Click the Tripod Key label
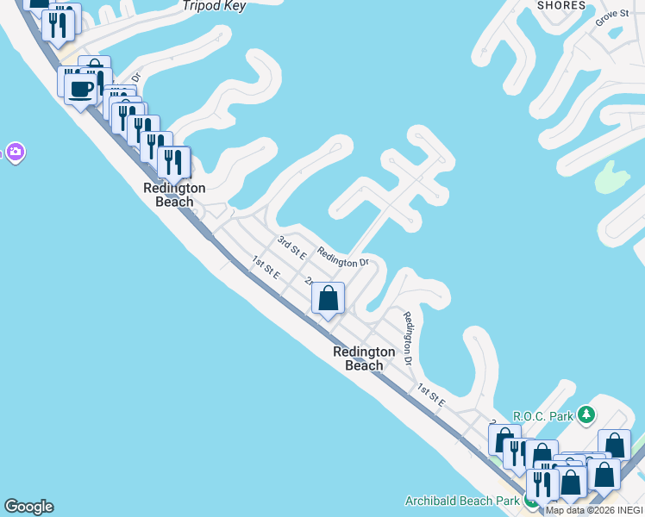[215, 6]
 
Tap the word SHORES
[561, 4]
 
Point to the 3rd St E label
[292, 246]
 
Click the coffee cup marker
[82, 89]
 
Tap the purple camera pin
[15, 153]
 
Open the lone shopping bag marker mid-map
[328, 299]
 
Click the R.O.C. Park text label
[543, 416]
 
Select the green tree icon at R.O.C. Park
[586, 415]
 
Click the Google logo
[28, 507]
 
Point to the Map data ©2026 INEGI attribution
[594, 510]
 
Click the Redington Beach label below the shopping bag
[364, 358]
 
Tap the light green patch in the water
[611, 178]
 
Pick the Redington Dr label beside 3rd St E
[342, 257]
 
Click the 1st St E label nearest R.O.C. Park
[430, 396]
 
